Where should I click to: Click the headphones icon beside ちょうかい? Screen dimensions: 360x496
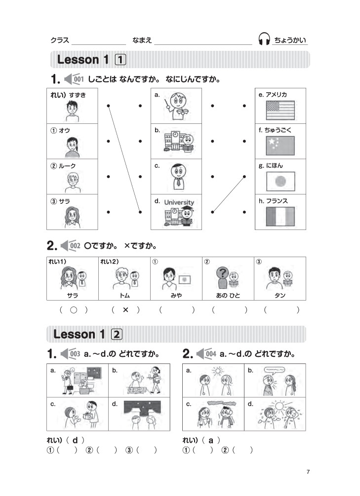pos(264,39)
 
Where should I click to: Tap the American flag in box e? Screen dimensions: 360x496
pos(280,110)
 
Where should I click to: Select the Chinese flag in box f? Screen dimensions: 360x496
pos(280,146)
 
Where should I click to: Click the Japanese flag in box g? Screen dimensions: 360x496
pos(280,181)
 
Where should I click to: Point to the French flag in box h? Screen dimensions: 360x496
pos(280,216)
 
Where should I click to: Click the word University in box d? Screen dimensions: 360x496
pos(179,202)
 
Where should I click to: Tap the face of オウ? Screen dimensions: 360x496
pos(72,146)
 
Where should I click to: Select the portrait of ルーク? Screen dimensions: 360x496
pos(73,183)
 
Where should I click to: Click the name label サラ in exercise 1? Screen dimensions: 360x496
pos(64,201)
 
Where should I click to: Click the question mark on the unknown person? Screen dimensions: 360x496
pos(223,272)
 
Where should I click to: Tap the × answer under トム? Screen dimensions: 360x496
pos(125,309)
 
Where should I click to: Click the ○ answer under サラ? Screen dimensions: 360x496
pos(74,310)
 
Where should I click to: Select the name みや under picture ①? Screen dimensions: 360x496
pos(176,295)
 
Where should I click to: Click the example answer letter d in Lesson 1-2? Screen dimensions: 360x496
pos(75,440)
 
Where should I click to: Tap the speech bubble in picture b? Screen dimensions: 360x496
pos(274,370)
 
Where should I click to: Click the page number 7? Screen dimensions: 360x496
pos(308,472)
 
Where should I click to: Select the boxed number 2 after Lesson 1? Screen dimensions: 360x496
pos(117,334)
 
